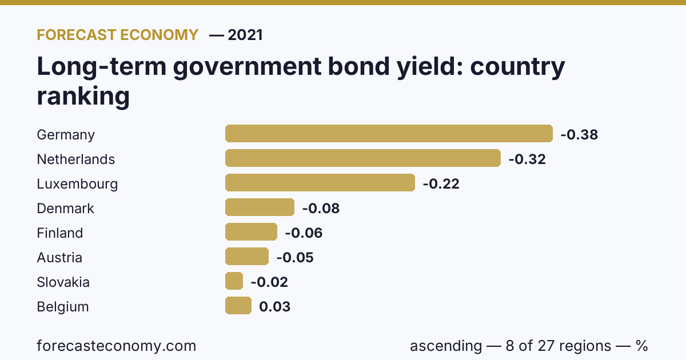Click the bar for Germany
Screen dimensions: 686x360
pos(389,134)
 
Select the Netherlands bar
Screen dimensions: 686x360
pos(363,158)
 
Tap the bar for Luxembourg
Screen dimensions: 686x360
pos(320,183)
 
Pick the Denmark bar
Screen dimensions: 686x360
pos(260,207)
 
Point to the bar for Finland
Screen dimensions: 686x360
pos(251,232)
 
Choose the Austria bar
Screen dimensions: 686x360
pos(247,256)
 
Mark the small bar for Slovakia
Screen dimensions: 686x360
pos(234,281)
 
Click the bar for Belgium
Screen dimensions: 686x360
pos(238,306)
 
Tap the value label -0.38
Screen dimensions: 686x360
pos(579,135)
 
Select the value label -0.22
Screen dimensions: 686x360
pos(441,184)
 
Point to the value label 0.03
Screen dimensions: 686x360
pos(275,307)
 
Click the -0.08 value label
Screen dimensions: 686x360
pos(321,209)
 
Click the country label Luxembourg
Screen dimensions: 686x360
pos(77,184)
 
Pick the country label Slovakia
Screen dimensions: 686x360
pos(63,282)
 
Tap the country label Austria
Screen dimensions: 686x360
pos(59,258)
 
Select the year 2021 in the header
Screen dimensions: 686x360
pos(245,35)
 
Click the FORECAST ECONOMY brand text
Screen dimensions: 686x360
pos(118,35)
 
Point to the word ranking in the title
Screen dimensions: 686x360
pos(83,96)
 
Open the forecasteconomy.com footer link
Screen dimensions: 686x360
pos(117,346)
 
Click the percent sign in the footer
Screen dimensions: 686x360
pos(641,346)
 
